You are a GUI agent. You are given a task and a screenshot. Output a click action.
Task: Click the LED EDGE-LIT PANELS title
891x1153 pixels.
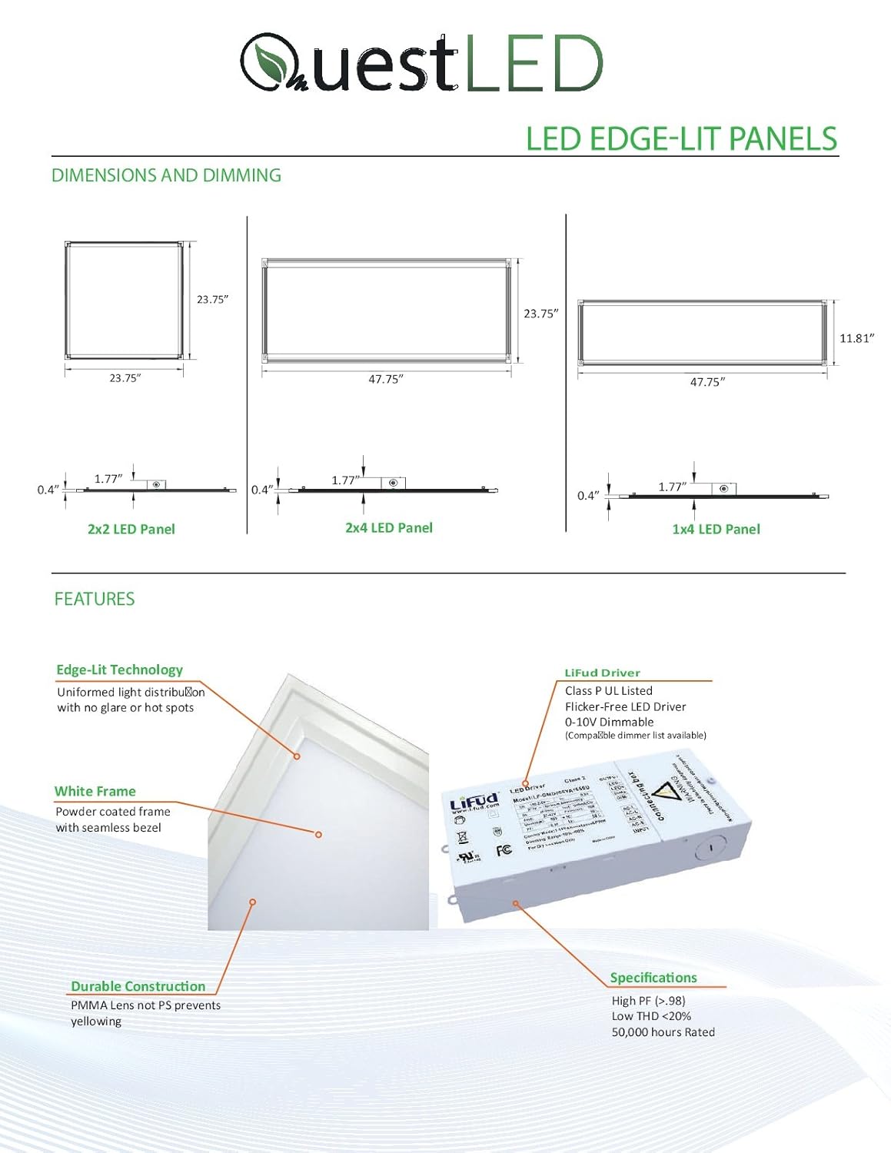pyautogui.click(x=681, y=138)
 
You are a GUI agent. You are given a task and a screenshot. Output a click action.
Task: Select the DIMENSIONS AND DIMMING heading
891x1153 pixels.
pyautogui.click(x=166, y=175)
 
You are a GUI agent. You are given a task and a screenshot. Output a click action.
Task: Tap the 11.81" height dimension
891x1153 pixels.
pyautogui.click(x=856, y=338)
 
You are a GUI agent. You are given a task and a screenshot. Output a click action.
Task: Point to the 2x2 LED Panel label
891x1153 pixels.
pyautogui.click(x=131, y=529)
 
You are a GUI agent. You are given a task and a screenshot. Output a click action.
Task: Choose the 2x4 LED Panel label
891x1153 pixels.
pyautogui.click(x=389, y=527)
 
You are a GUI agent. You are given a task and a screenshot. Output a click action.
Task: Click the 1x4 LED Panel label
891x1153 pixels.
pyautogui.click(x=716, y=529)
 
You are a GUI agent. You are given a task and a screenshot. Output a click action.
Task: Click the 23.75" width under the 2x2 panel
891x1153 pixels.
pyautogui.click(x=125, y=378)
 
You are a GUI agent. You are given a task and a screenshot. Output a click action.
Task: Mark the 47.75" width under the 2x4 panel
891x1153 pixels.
pyautogui.click(x=385, y=379)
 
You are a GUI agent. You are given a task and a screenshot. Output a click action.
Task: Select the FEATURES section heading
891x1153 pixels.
pyautogui.click(x=95, y=599)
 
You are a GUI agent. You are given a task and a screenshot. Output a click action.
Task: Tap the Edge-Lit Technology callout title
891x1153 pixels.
pyautogui.click(x=119, y=670)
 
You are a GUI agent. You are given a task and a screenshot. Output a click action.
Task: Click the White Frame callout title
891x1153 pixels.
pyautogui.click(x=95, y=791)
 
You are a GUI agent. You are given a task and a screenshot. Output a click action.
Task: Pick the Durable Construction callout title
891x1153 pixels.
pyautogui.click(x=138, y=986)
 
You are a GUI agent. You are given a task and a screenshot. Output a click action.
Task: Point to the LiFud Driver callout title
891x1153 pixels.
pyautogui.click(x=602, y=673)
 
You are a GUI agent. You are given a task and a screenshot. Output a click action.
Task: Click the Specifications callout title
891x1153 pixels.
pyautogui.click(x=653, y=978)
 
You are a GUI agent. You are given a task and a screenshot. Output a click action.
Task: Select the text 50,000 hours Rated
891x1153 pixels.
pyautogui.click(x=663, y=1032)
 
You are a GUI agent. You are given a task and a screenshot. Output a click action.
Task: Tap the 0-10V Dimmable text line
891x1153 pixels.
pyautogui.click(x=609, y=722)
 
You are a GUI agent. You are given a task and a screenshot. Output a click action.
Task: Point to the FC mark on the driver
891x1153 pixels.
pyautogui.click(x=504, y=849)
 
